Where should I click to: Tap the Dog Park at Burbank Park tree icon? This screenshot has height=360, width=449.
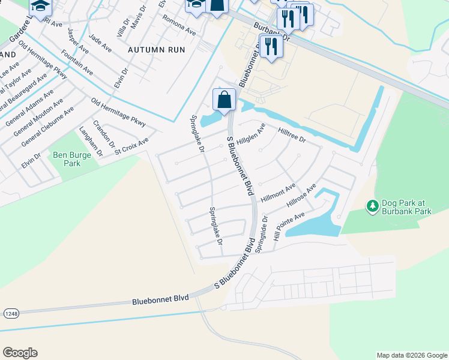(373, 206)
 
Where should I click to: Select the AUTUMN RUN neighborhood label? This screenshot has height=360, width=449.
(155, 51)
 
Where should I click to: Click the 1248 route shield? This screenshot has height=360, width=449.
(10, 314)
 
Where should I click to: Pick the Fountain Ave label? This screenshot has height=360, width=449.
(77, 63)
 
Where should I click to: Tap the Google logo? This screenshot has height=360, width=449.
(20, 353)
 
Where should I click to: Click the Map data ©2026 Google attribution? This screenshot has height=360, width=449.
(412, 355)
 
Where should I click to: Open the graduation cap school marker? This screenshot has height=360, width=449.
(40, 6)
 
